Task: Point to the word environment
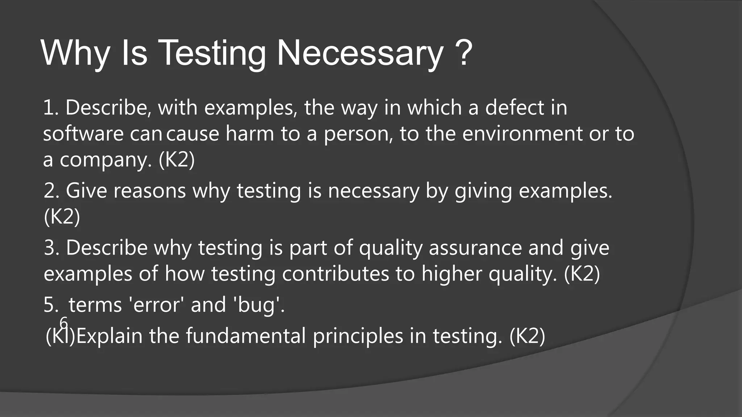click(x=522, y=134)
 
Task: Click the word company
click(x=105, y=160)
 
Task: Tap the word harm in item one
click(x=250, y=134)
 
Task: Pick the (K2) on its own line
click(x=62, y=217)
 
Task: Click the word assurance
click(x=475, y=248)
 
